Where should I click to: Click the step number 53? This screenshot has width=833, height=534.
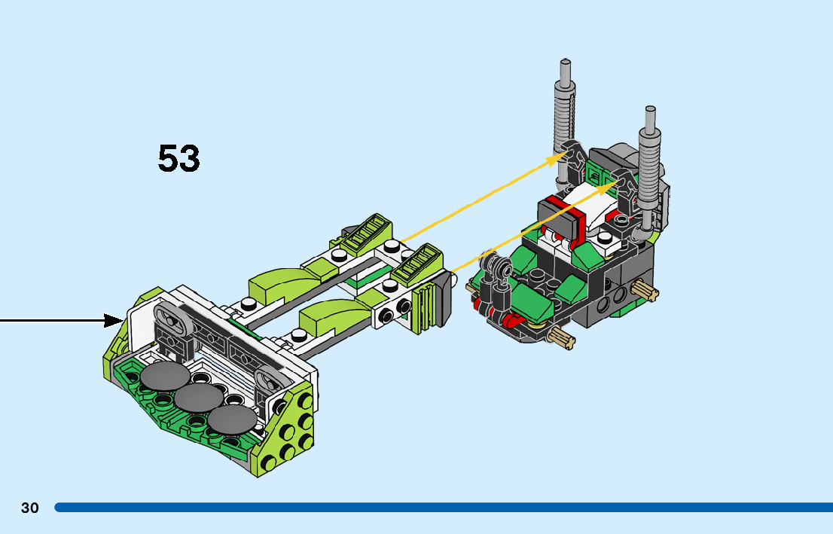(179, 158)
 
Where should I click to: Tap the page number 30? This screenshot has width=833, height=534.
(30, 508)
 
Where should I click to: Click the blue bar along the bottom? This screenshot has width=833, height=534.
(444, 508)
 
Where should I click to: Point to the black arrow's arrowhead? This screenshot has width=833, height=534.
(114, 320)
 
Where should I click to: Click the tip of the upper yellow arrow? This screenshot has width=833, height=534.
(568, 151)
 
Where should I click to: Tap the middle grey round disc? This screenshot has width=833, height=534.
(199, 398)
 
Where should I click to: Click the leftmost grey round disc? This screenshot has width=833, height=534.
(165, 377)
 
